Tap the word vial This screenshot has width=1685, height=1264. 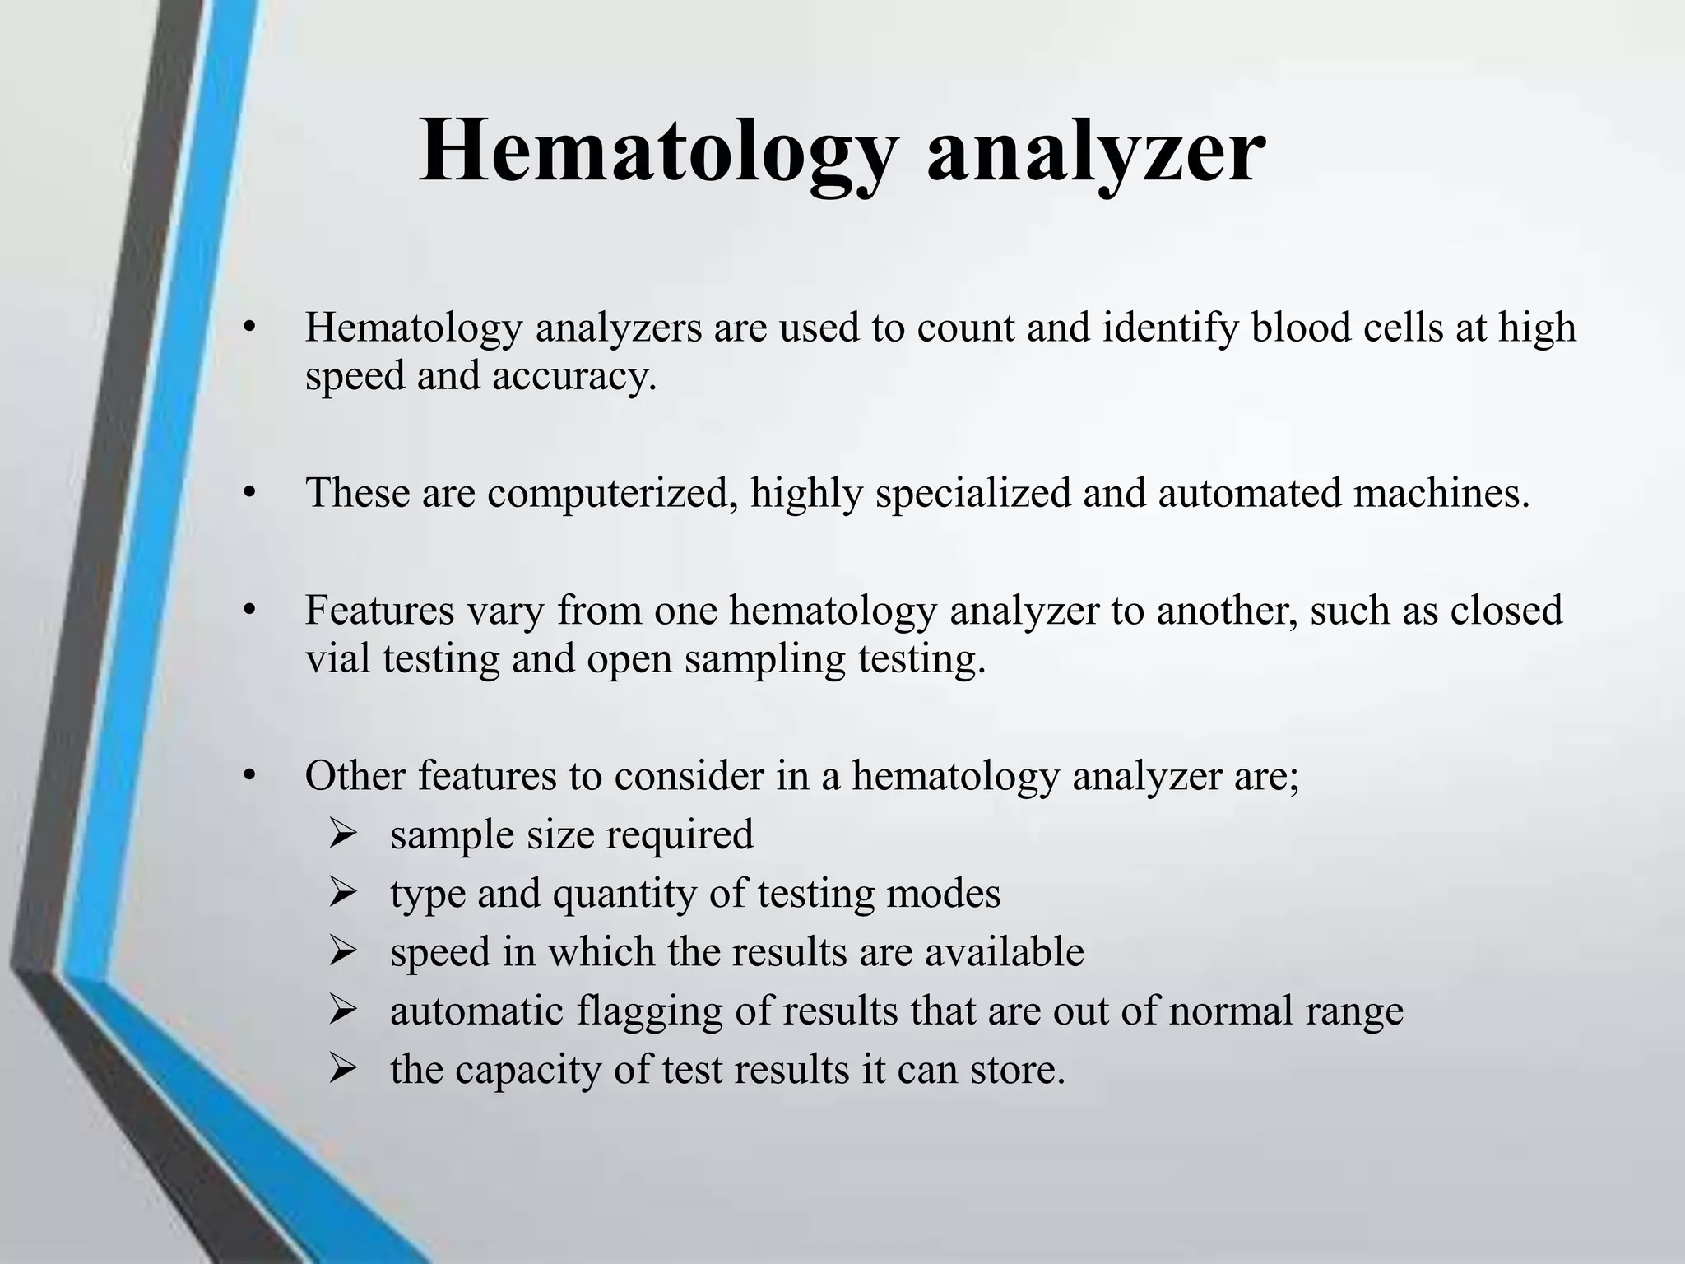(337, 658)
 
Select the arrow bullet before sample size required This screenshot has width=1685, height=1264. (341, 834)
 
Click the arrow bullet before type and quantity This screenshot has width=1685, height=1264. (341, 893)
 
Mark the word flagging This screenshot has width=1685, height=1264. (651, 1012)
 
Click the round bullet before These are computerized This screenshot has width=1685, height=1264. (251, 494)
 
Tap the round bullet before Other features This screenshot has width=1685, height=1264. (251, 776)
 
